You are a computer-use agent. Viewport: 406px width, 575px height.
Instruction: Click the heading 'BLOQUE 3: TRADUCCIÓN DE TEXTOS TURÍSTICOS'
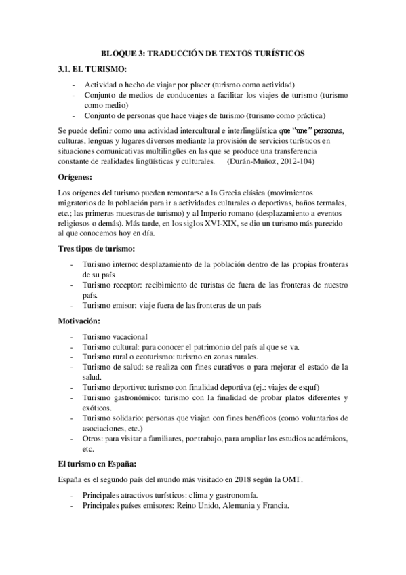pos(203,52)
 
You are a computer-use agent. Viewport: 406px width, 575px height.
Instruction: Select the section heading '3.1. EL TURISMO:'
pos(91,69)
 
